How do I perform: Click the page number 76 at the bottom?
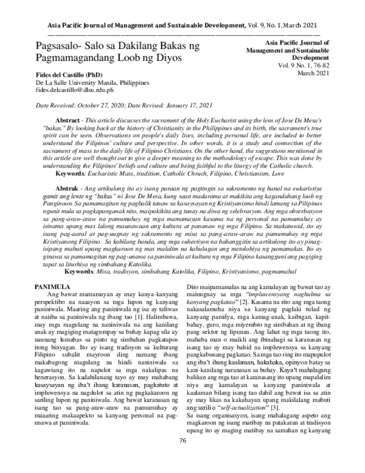[182, 457]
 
